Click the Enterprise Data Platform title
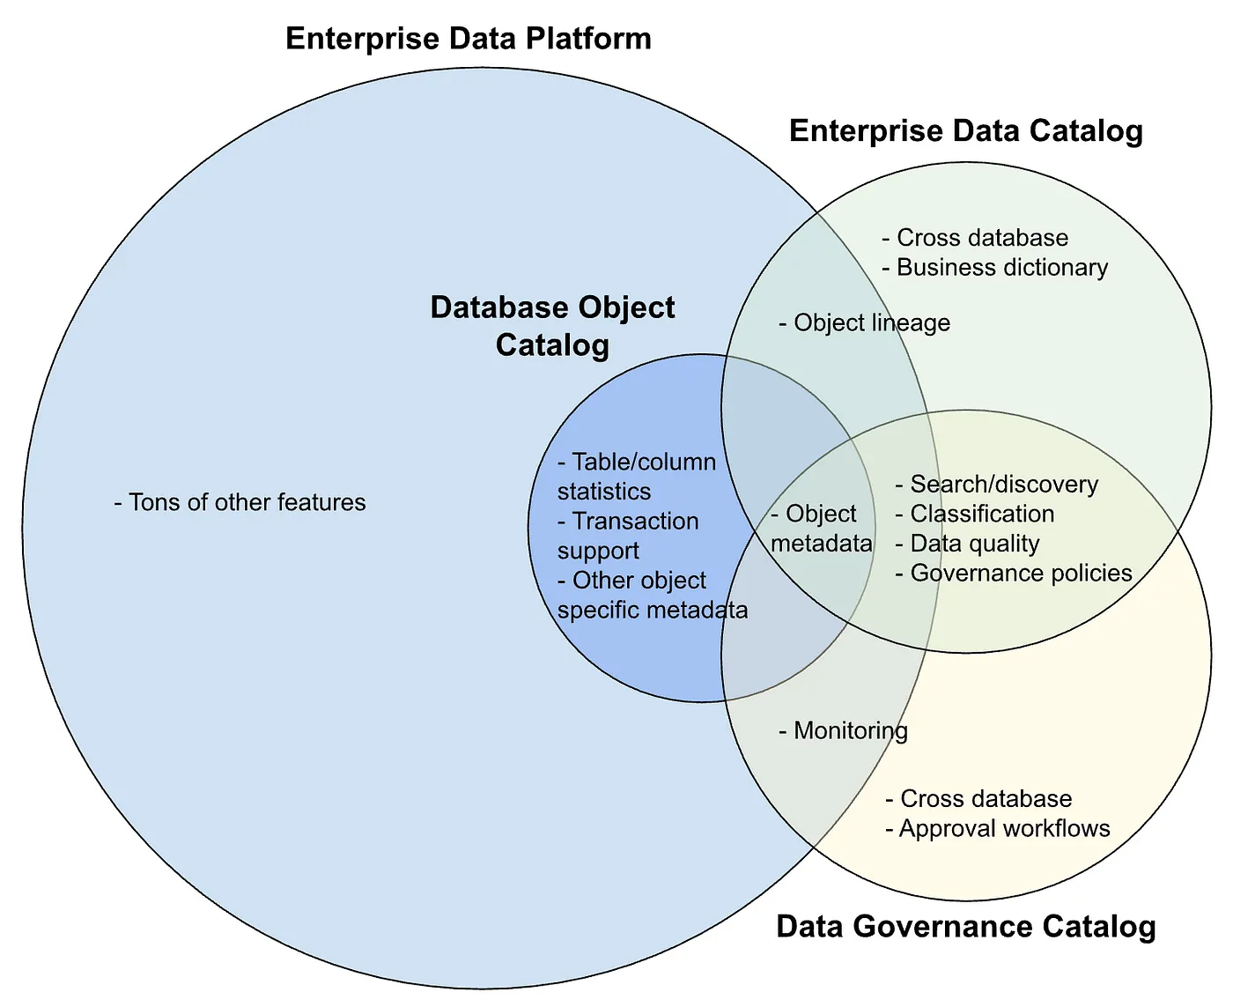point(468,39)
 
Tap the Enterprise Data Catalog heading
point(965,130)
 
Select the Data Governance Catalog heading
point(965,927)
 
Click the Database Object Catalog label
point(552,325)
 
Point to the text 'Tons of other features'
point(240,502)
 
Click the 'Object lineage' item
point(865,322)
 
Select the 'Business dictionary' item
point(995,268)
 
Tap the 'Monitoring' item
point(844,730)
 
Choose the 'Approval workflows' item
point(998,828)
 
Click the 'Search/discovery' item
point(997,484)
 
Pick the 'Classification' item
point(975,514)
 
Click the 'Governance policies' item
point(1014,574)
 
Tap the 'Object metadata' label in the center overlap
point(820,529)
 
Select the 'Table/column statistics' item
point(636,477)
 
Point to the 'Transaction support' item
point(627,536)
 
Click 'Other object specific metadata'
point(652,595)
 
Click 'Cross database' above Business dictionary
point(975,238)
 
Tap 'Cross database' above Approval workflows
point(978,799)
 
